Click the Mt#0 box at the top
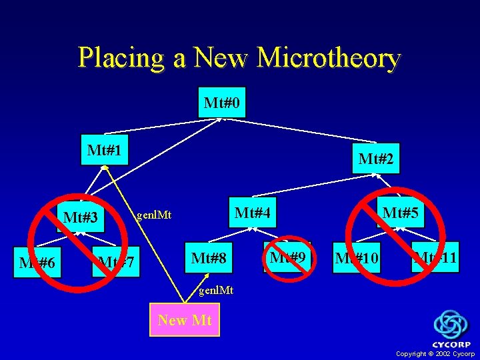pyautogui.click(x=222, y=103)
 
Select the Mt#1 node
pyautogui.click(x=104, y=149)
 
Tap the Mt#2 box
pyautogui.click(x=375, y=159)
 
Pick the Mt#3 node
pyautogui.click(x=81, y=217)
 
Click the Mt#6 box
pyautogui.click(x=37, y=263)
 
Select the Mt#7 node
pyautogui.click(x=116, y=263)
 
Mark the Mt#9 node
pyautogui.click(x=287, y=257)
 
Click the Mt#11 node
pyautogui.click(x=435, y=257)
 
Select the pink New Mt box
pyautogui.click(x=185, y=320)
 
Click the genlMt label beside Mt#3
pyautogui.click(x=153, y=215)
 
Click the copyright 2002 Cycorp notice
pyautogui.click(x=435, y=353)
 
